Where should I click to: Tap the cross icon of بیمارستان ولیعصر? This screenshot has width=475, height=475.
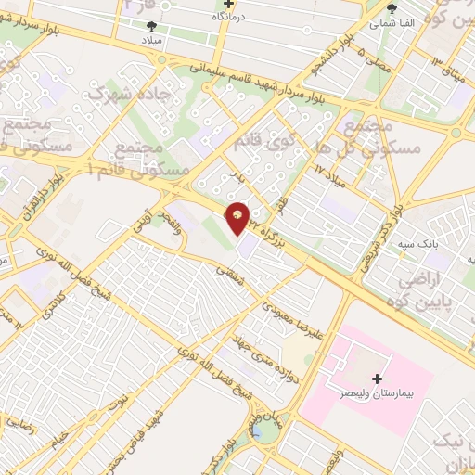(x=377, y=378)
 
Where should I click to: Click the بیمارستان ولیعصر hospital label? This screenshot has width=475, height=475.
(x=376, y=395)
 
